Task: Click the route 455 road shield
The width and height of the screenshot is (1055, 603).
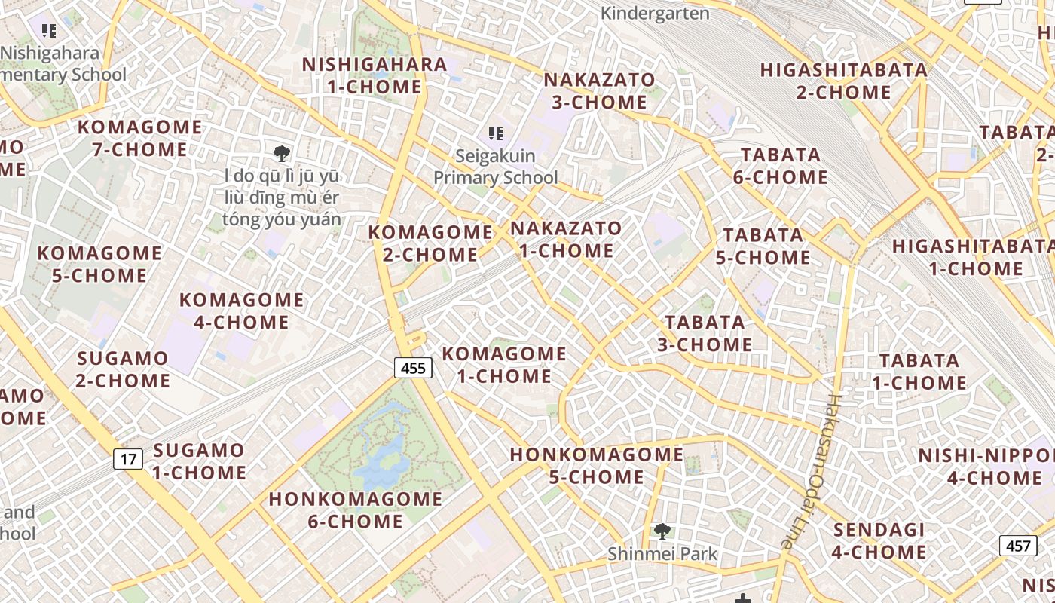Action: click(x=413, y=368)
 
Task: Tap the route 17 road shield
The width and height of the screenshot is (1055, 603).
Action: click(x=128, y=458)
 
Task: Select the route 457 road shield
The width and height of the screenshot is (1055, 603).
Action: click(x=1017, y=545)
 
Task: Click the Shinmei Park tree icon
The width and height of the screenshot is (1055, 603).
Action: click(x=662, y=531)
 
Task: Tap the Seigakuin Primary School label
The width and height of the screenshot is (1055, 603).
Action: click(x=495, y=167)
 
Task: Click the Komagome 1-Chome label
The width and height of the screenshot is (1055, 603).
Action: click(x=504, y=365)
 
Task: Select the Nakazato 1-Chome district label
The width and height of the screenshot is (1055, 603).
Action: click(x=567, y=239)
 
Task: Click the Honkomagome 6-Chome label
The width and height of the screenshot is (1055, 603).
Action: click(x=356, y=510)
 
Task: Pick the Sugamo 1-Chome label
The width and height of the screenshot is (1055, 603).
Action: click(x=199, y=461)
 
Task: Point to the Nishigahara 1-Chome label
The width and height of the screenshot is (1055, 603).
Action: click(x=375, y=75)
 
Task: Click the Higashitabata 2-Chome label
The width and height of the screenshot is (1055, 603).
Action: click(x=844, y=81)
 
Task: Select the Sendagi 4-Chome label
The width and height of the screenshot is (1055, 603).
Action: click(x=879, y=540)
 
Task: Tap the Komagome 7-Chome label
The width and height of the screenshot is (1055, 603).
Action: click(x=139, y=138)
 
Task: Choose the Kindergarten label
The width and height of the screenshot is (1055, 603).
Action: click(x=656, y=13)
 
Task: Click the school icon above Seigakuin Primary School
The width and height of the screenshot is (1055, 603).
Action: click(x=495, y=133)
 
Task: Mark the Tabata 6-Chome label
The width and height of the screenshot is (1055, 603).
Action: click(x=781, y=166)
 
